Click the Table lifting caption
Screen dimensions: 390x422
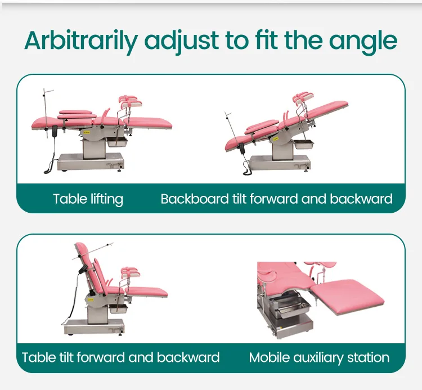[88, 199]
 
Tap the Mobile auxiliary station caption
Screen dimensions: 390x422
[319, 357]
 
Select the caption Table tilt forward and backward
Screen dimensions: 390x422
[120, 357]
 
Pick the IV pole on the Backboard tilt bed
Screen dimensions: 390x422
[228, 127]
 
